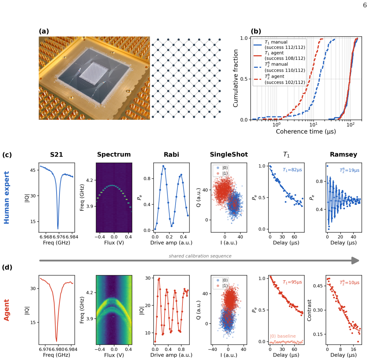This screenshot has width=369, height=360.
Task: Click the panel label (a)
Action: coord(44,31)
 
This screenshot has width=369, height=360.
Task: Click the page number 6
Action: coord(365,5)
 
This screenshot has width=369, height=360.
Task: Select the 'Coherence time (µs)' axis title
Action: coord(306,131)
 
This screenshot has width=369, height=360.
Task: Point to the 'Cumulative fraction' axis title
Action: coord(235,78)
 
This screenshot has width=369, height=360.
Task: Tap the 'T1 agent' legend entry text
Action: coord(274,53)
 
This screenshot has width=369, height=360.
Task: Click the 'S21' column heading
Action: coord(57,154)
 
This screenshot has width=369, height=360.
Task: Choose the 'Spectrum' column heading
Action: coord(114,154)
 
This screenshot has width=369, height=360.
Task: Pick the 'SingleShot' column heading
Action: coord(229,154)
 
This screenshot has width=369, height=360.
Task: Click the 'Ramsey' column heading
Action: coord(343,154)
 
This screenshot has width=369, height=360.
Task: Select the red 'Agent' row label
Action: coord(6,310)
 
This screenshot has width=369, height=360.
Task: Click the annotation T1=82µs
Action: coord(292,170)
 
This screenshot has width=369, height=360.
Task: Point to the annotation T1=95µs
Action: coord(292,282)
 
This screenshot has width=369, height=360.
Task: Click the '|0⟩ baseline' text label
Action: coord(282,336)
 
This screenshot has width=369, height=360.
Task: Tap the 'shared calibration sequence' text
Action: coord(200,256)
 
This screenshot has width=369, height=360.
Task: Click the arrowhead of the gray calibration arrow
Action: coord(355,260)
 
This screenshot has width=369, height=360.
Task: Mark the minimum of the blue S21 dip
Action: coord(58,229)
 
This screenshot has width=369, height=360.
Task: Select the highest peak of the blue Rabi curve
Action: coord(163,166)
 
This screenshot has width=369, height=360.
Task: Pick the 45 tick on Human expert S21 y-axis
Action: coord(33,170)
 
